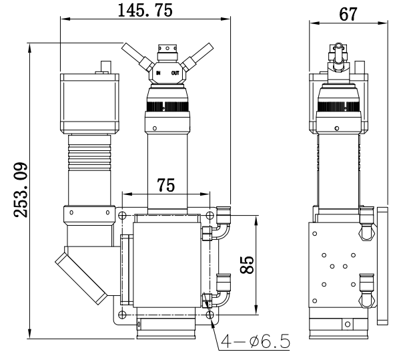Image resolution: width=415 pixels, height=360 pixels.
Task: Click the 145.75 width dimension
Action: pos(145,10)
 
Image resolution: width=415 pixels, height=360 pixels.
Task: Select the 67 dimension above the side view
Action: pos(348,14)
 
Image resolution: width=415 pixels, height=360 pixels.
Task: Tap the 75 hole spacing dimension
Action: pos(166,186)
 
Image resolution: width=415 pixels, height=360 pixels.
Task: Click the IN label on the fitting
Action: pos(157,72)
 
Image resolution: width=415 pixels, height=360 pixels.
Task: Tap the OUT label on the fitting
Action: pos(175,72)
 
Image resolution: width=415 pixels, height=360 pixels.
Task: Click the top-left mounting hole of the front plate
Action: pos(123,216)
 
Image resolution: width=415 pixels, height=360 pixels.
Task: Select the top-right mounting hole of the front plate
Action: pos(210,216)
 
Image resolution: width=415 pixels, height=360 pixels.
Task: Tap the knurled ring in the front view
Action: pos(166,105)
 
